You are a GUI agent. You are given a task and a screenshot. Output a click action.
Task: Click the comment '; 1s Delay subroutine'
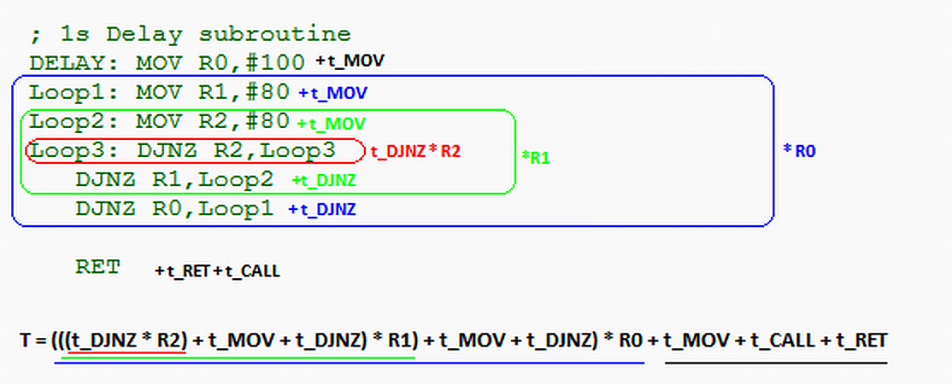pos(190,34)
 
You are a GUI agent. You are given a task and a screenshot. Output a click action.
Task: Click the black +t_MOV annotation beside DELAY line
pos(350,61)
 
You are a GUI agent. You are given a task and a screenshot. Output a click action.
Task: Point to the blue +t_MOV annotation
pos(332,93)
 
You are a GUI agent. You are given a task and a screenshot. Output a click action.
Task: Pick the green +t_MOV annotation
pos(331,125)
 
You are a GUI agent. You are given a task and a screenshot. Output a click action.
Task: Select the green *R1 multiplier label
pos(536,159)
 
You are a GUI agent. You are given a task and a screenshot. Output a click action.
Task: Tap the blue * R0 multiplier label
pos(799,151)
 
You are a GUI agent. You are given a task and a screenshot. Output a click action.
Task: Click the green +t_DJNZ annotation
pos(324,180)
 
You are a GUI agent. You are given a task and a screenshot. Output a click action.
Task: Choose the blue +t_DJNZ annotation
pos(322,210)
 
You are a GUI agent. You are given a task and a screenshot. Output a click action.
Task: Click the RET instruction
pos(97,267)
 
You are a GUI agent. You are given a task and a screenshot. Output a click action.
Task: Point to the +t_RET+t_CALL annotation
pos(217,271)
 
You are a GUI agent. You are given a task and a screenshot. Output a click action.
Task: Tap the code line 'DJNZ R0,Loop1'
pos(175,209)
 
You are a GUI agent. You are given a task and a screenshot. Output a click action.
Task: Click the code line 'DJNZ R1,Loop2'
pos(175,179)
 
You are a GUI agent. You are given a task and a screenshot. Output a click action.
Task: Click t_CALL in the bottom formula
pos(783,340)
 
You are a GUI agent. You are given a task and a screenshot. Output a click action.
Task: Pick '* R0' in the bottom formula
pos(623,340)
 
